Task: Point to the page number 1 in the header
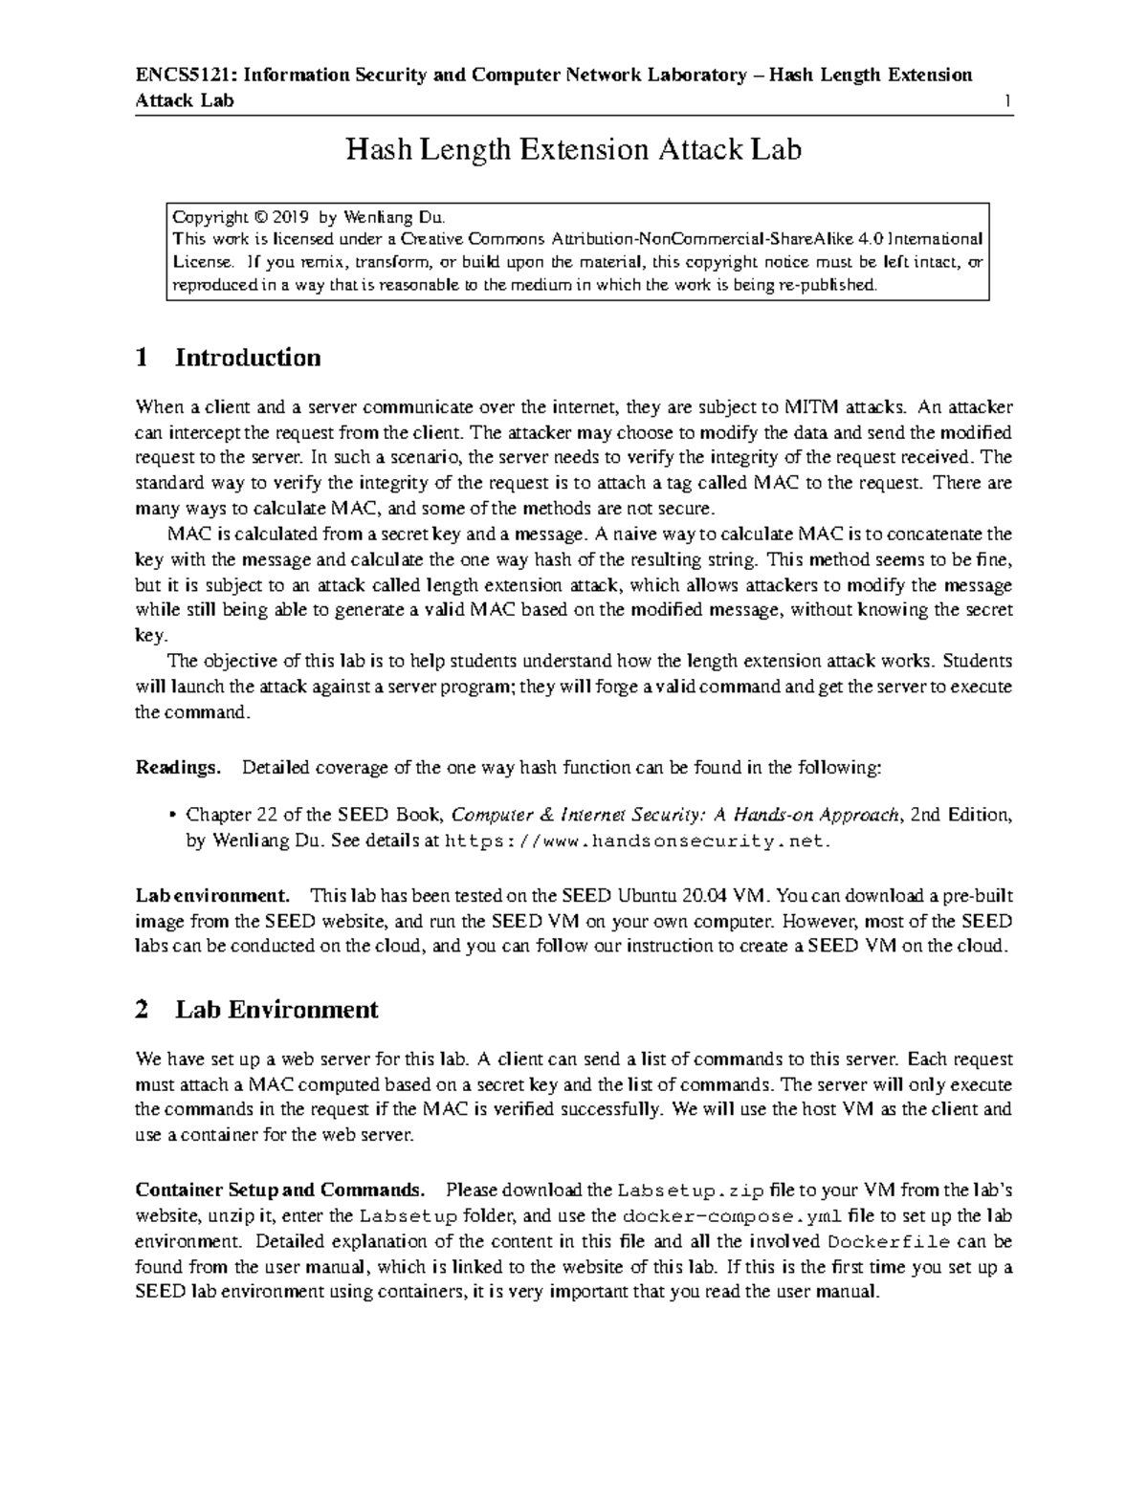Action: [1007, 101]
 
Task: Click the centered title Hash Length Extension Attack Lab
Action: [573, 150]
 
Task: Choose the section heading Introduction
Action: [248, 358]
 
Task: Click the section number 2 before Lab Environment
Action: [143, 1010]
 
